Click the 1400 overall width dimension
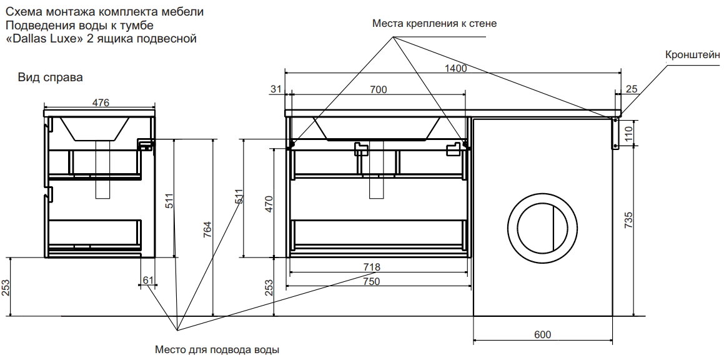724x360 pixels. click(x=456, y=69)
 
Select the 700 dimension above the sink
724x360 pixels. click(x=378, y=90)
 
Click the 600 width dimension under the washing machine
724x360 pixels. click(x=543, y=335)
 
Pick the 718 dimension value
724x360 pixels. click(x=372, y=267)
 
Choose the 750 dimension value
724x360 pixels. click(x=372, y=281)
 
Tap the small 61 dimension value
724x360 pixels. click(x=147, y=279)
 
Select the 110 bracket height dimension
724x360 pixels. click(x=629, y=132)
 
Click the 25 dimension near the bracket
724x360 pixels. click(x=632, y=90)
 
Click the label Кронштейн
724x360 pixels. click(x=693, y=54)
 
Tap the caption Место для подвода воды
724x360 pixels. click(x=216, y=350)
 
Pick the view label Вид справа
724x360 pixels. click(x=50, y=77)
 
